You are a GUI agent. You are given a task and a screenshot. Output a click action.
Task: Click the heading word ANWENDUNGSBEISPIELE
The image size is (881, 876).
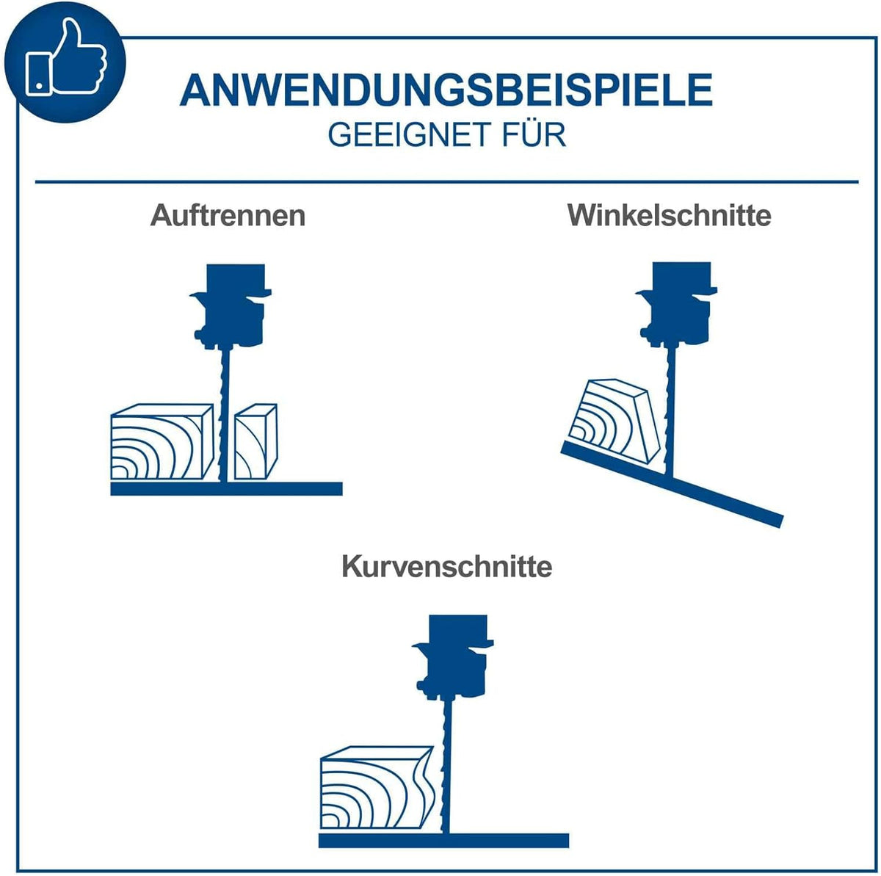[x=446, y=90]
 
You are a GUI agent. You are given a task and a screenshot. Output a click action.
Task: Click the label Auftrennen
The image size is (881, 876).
[x=228, y=215]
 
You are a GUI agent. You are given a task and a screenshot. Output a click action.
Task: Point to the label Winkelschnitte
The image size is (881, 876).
[x=670, y=215]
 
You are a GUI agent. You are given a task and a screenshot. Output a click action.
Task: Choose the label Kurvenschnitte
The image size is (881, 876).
[x=446, y=566]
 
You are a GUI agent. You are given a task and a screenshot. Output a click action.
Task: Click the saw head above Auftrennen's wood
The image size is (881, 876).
[x=231, y=306]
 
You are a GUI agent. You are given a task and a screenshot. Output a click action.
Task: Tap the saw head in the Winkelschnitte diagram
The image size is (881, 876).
[x=677, y=304]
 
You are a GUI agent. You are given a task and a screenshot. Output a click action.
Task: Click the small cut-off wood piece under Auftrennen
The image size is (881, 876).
[x=255, y=442]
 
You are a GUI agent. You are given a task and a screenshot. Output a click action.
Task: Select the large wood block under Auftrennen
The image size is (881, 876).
[x=162, y=442]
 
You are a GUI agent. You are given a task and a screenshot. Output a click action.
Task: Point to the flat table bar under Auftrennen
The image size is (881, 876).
[x=226, y=488]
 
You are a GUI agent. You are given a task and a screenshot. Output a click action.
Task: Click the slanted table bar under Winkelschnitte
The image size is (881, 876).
[x=672, y=485]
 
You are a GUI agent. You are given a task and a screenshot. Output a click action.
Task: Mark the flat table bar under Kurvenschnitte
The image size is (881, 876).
[x=443, y=840]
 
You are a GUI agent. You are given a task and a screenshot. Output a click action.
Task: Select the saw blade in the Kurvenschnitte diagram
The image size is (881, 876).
[x=444, y=766]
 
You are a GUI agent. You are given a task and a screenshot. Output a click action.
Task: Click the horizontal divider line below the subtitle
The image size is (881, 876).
[x=446, y=181]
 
